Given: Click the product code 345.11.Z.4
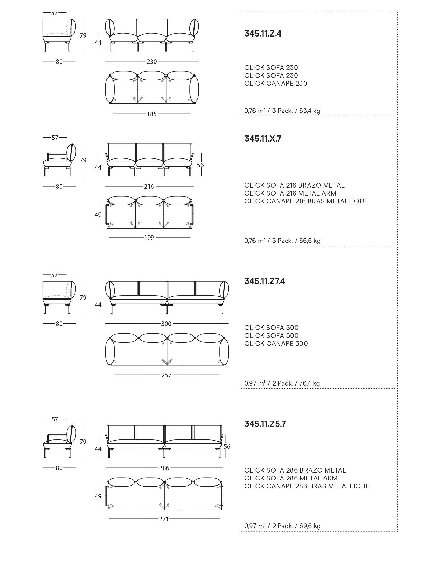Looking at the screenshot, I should click(x=263, y=34).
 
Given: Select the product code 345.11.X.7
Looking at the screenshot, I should click(x=263, y=139).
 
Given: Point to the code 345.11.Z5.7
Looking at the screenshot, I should click(x=265, y=424).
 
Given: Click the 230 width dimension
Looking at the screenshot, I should click(x=152, y=61).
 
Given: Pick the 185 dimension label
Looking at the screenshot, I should click(x=152, y=114).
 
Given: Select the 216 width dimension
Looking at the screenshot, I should click(x=149, y=187).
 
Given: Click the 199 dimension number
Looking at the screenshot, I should click(x=149, y=237).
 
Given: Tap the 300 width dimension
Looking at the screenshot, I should click(x=166, y=324).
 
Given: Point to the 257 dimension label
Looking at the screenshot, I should click(x=166, y=375).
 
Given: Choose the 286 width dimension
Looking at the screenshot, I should click(x=164, y=468).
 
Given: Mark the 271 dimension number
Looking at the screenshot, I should click(x=164, y=519).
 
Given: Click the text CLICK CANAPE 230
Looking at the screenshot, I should click(x=276, y=84).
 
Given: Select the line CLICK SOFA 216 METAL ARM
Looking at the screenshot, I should click(x=290, y=193).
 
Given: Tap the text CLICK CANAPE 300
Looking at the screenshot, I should click(x=276, y=343).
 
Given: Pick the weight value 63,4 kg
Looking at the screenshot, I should click(x=310, y=111).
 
